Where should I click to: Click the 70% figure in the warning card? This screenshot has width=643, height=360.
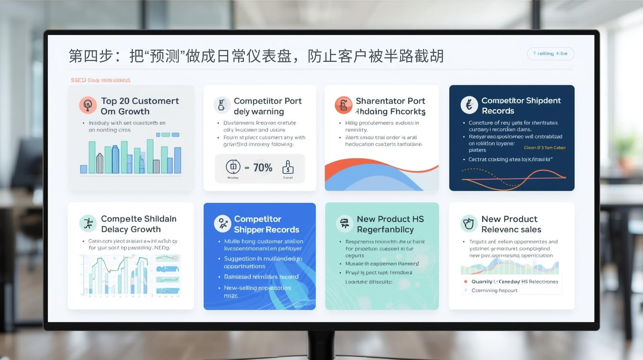[263, 168]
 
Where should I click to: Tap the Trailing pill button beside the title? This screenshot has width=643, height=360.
[550, 53]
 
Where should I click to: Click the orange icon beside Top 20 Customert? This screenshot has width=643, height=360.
[88, 105]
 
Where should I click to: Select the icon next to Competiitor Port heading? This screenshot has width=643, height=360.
[222, 105]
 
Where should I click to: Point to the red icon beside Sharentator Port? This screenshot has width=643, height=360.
[343, 105]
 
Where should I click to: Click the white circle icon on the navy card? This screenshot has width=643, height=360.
[469, 105]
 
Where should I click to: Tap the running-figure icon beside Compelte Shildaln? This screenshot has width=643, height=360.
[88, 223]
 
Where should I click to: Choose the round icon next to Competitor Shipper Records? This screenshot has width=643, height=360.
[222, 224]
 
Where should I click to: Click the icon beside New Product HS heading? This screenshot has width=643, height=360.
[344, 223]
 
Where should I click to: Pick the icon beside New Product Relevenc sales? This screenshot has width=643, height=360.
[469, 223]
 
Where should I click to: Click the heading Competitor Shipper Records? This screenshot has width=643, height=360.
[266, 224]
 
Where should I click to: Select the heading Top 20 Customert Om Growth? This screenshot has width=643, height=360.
[139, 106]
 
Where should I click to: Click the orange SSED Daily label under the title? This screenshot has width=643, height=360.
[100, 80]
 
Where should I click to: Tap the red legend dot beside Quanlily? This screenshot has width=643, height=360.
[466, 282]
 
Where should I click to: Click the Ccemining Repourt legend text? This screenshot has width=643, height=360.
[494, 290]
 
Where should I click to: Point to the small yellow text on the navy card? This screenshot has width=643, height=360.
[545, 148]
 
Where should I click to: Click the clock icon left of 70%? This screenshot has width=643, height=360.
[233, 167]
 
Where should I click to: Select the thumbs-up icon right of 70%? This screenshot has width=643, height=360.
[288, 167]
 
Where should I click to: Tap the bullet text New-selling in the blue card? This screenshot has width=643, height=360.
[257, 288]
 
